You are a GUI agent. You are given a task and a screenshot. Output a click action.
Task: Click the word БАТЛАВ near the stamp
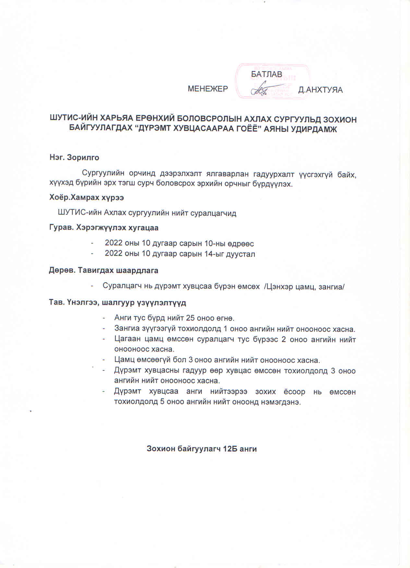(x=266, y=74)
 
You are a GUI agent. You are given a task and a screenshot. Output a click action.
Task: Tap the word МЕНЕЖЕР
(x=208, y=89)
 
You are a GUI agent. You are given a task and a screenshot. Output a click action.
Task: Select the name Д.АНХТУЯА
(x=320, y=90)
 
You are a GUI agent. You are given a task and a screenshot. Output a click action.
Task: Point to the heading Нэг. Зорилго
(x=74, y=158)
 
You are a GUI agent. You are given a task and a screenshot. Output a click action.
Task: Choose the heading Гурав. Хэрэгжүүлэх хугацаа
(x=104, y=228)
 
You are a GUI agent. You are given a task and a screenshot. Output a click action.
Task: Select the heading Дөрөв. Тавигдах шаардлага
(x=104, y=270)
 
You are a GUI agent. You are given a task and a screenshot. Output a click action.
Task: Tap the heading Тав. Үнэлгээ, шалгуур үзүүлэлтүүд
(x=117, y=303)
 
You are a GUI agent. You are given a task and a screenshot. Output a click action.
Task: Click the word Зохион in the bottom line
(x=161, y=449)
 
